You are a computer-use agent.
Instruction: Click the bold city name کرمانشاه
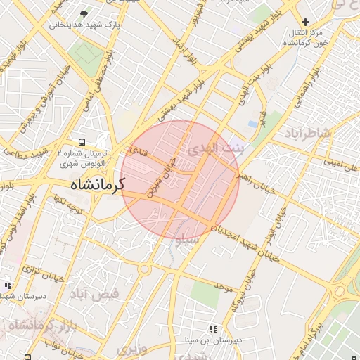coord(97,186)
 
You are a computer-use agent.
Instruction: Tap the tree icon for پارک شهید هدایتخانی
coord(85,13)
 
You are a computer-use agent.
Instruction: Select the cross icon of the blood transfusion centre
coord(305,22)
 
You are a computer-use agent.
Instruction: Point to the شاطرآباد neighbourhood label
coord(307,132)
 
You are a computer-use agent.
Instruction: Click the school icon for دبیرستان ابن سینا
coord(213,329)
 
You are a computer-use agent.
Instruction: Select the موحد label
coord(224,287)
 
